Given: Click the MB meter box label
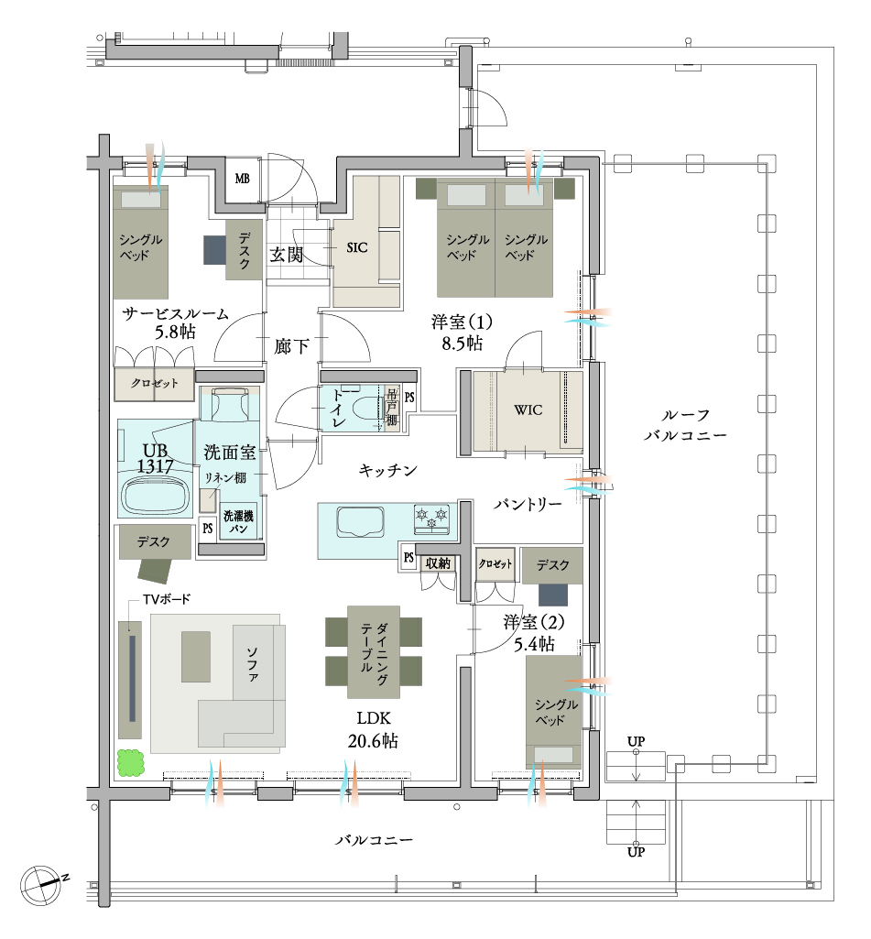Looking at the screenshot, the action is pos(243,179).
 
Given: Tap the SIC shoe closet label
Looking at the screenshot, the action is pos(357,247).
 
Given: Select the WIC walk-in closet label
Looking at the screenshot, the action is pos(528,410).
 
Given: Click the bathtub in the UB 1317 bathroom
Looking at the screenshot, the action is pos(155,494).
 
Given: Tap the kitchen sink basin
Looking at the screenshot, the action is pos(360,521).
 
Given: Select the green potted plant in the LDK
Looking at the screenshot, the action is pos(130,763).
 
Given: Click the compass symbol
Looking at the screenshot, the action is pos(40,885).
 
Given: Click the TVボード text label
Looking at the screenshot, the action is pos(167,599).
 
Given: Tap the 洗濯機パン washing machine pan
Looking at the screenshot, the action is pos(238,521).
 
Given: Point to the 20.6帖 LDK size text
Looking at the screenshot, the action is pos(373,741).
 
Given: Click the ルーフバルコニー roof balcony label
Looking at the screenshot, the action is pos(685,425).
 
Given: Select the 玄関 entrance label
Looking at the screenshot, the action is pos(286,255).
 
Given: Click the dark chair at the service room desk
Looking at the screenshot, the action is pos(214,250).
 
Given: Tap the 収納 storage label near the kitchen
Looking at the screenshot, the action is pos(438,562).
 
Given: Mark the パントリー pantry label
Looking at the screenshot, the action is pos(528,504).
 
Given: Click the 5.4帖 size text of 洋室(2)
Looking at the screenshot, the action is pos(534,644).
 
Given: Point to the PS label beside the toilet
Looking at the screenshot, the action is pos(409,397).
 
